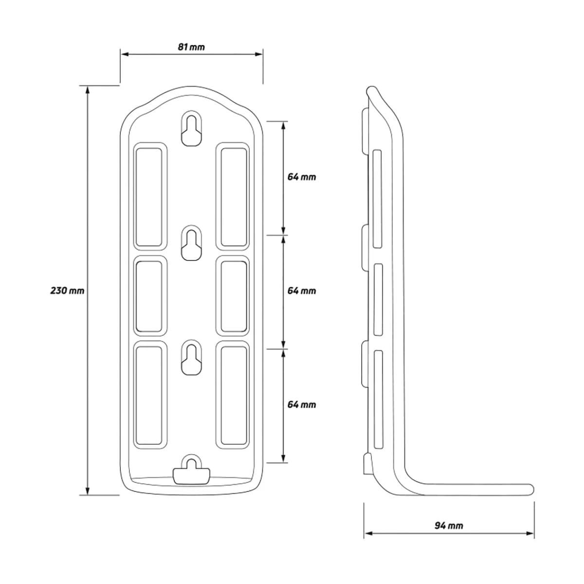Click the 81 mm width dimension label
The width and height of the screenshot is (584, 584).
191,47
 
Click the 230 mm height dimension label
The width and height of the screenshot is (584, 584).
67,291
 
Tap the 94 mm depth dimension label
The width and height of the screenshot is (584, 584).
449,525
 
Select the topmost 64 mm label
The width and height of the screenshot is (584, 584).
302,177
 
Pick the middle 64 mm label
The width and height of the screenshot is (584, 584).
302,291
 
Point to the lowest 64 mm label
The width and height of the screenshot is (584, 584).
302,404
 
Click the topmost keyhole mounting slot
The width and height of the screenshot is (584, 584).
191,128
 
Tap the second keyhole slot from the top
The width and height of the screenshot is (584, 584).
191,243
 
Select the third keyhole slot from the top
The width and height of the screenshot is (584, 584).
191,358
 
